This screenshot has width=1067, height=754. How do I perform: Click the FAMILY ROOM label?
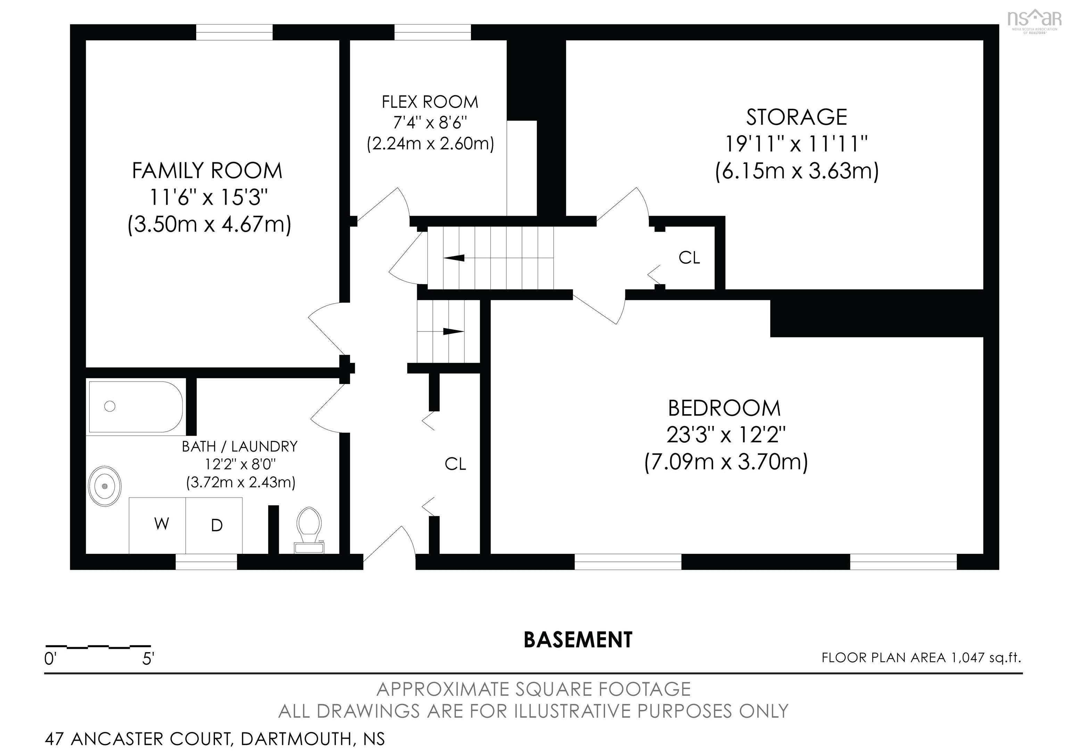207,171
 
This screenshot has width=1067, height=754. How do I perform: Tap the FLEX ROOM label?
430,102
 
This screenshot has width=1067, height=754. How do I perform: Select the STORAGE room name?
796,117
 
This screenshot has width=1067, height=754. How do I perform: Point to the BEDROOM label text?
724,408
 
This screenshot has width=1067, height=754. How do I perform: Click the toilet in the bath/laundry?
309,530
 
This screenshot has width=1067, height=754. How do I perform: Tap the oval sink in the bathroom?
105,486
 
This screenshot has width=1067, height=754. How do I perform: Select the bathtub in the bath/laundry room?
136,407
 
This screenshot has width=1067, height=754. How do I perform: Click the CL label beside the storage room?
689,257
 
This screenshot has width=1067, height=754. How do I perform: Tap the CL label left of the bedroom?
455,464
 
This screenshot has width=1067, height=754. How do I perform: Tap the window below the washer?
206,562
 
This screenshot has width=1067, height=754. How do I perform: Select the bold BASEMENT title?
578,640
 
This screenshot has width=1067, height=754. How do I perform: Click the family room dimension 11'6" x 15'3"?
209,198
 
